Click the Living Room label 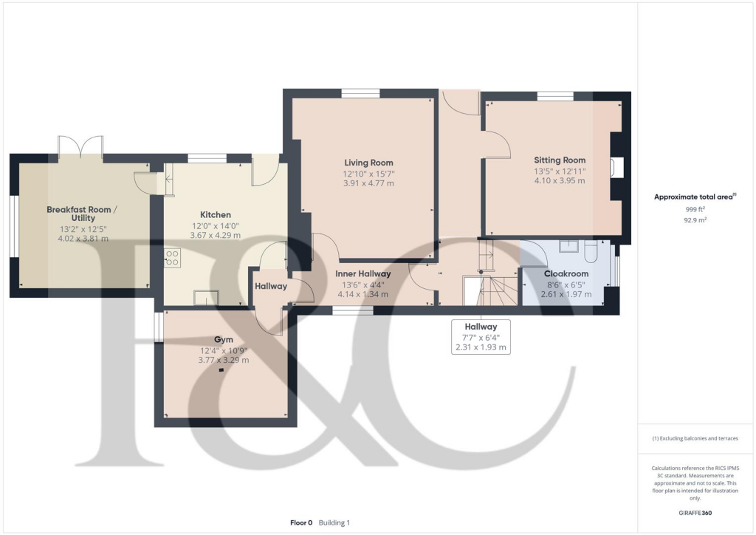[x=368, y=163]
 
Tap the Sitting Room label [x=560, y=160]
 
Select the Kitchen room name [x=216, y=215]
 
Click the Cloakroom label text [x=566, y=273]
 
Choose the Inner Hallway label [x=362, y=273]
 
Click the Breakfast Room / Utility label [x=82, y=214]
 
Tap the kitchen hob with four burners [x=171, y=259]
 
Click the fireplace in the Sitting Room [x=616, y=168]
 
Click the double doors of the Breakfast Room [x=80, y=146]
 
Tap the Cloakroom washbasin [x=568, y=246]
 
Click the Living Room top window [x=360, y=93]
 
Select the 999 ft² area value [x=695, y=209]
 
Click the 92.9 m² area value [x=695, y=220]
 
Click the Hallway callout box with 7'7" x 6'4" [x=481, y=337]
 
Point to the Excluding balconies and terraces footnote [x=695, y=438]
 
